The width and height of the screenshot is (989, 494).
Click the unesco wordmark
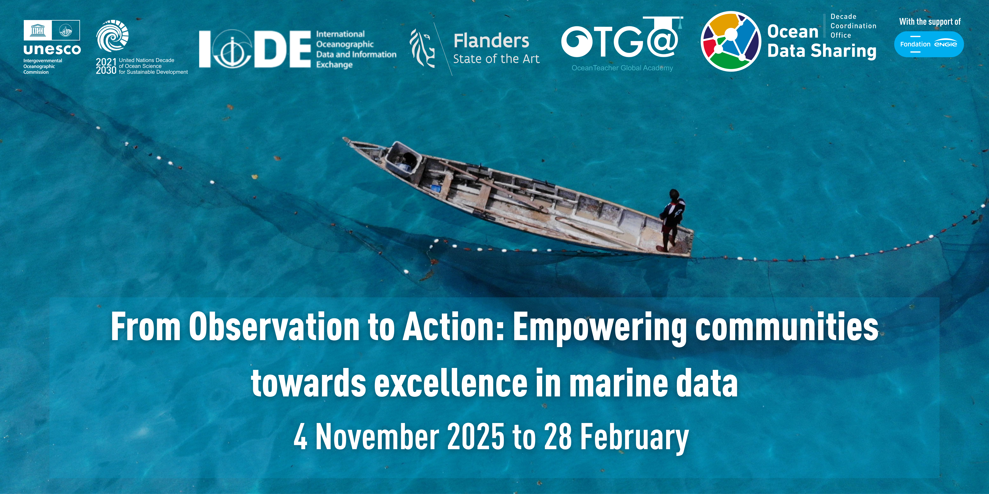52,49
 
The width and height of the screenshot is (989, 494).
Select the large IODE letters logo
255,49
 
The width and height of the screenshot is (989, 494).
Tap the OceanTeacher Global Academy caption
622,68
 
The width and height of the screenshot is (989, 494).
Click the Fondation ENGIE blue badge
929,44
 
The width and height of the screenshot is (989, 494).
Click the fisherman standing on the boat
672,219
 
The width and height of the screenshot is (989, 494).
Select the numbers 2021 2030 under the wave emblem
106,66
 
